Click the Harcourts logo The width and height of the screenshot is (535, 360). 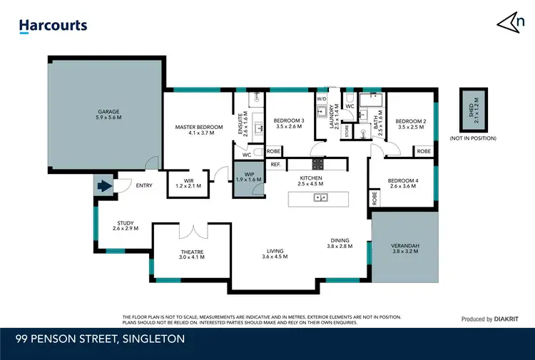click(53, 26)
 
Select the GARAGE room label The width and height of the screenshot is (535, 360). click(108, 114)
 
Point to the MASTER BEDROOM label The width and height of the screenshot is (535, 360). click(195, 130)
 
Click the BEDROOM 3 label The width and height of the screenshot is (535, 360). click(289, 124)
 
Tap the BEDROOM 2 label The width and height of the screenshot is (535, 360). click(411, 124)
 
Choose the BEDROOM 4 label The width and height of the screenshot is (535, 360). click(403, 184)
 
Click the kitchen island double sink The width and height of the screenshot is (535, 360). click(320, 197)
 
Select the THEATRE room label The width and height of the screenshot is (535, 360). click(193, 254)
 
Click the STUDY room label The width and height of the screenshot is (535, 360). click(126, 226)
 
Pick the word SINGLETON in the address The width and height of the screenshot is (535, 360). click(155, 339)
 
